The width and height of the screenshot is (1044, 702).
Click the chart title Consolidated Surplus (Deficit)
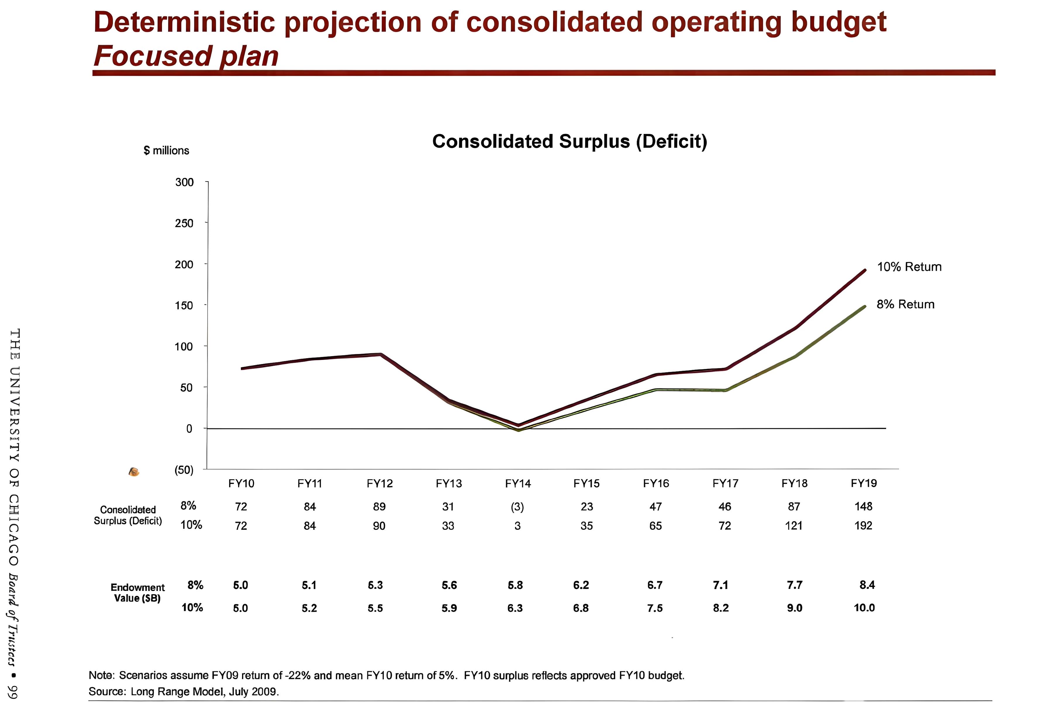pos(570,142)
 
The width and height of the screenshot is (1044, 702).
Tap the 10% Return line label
pos(909,267)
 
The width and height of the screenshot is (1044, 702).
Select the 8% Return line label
pos(905,304)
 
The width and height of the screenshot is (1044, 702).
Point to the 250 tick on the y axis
pos(184,223)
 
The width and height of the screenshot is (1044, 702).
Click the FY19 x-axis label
pos(864,484)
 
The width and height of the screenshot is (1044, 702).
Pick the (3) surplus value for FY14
pos(517,507)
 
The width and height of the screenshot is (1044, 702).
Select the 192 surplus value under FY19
pos(863,526)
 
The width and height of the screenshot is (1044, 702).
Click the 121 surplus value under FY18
pos(794,526)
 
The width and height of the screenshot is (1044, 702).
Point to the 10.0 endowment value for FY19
pos(864,608)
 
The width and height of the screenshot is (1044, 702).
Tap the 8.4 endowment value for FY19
pos(867,585)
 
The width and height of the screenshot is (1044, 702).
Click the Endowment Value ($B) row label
pos(137,593)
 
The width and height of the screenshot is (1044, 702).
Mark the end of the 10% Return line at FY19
pos(864,270)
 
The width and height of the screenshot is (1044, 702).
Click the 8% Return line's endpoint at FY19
pos(864,307)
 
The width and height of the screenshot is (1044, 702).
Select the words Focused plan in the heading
pos(186,56)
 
